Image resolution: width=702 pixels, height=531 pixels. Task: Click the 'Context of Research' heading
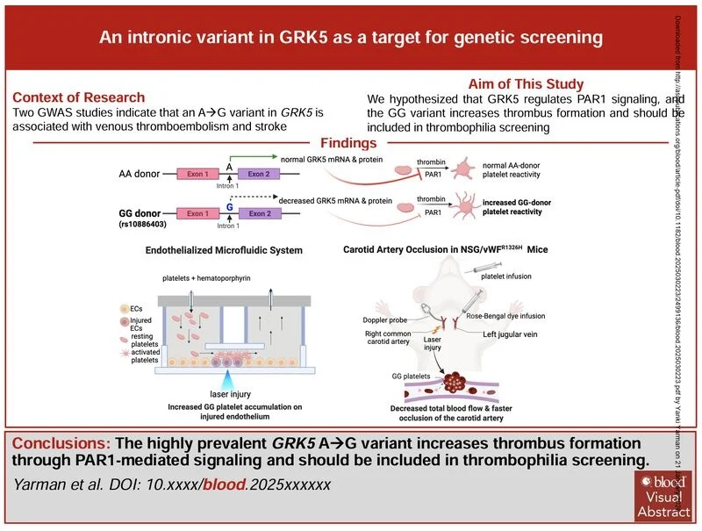pyautogui.click(x=79, y=97)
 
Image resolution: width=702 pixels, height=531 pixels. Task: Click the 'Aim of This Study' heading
pyautogui.click(x=526, y=84)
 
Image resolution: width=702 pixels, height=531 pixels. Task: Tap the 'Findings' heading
pyautogui.click(x=348, y=143)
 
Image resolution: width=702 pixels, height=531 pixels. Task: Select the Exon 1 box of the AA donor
pyautogui.click(x=197, y=174)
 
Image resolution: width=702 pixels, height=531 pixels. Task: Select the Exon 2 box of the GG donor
pyautogui.click(x=260, y=213)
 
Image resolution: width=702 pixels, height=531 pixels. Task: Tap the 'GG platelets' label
pyautogui.click(x=412, y=376)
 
